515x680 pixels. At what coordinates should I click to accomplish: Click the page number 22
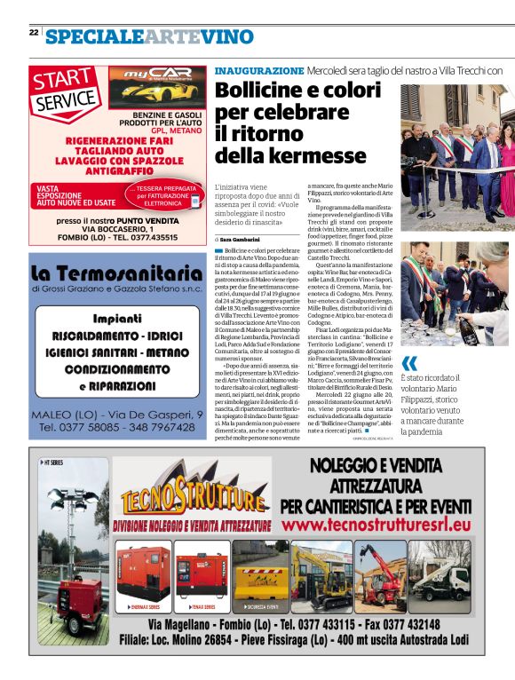click(x=34, y=32)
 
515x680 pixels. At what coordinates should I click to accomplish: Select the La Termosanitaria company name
click(x=115, y=272)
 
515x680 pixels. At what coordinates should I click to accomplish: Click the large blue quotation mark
click(x=409, y=363)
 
